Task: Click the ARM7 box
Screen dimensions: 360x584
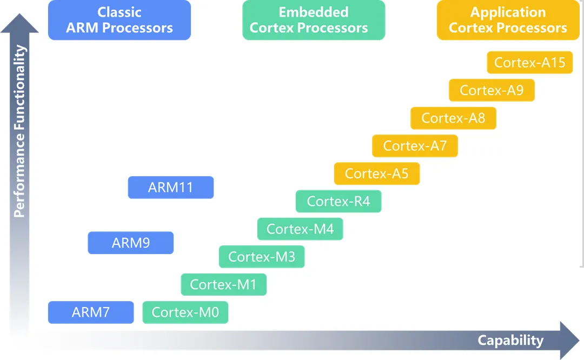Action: pos(91,312)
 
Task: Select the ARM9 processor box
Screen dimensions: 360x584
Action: pos(131,243)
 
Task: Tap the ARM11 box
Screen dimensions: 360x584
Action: pos(171,188)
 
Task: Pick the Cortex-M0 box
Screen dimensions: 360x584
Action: pos(185,312)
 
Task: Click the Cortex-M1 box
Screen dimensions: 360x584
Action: pos(224,284)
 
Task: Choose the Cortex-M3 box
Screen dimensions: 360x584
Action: pos(262,257)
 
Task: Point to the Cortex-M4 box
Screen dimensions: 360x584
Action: pos(300,229)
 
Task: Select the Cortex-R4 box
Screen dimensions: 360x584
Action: pos(339,202)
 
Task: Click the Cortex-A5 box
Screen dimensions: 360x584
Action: pos(377,174)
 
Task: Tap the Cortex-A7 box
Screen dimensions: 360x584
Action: pos(415,146)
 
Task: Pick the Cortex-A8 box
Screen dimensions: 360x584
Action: pos(453,118)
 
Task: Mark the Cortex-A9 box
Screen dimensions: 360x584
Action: pos(492,90)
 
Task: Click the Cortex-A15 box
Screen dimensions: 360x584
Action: pos(530,63)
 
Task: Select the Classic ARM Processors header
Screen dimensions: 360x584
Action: pos(120,20)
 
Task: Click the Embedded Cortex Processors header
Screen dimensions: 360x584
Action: pos(314,20)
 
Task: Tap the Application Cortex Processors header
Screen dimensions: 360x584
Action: pos(508,20)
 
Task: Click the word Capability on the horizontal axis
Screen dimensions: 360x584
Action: pos(510,341)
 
